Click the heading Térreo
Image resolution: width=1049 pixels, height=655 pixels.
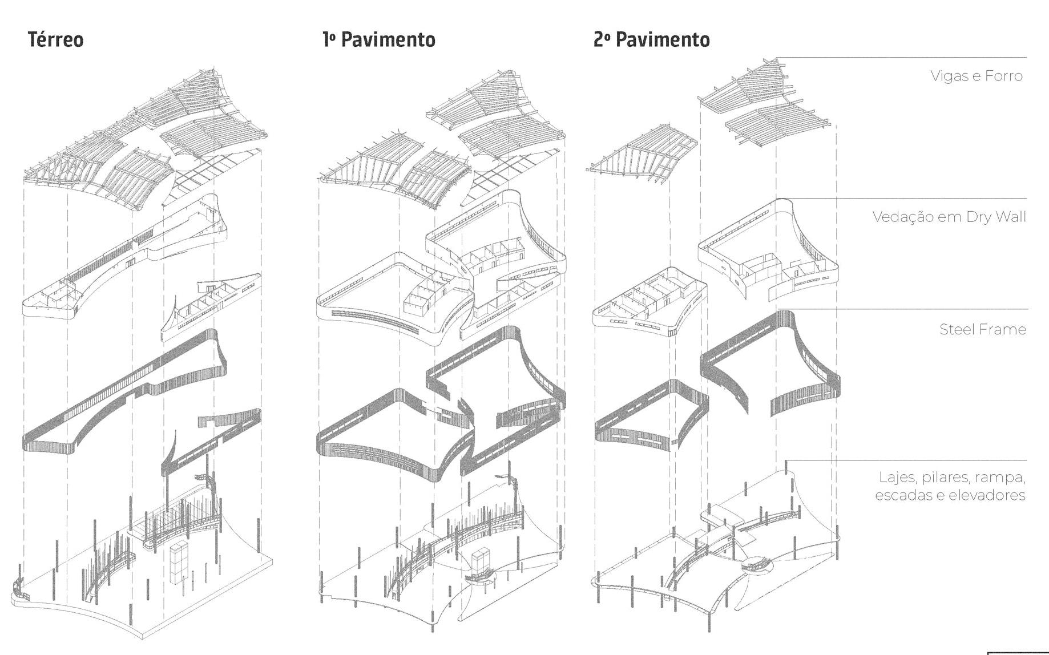(55, 39)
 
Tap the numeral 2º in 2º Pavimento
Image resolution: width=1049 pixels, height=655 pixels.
(602, 39)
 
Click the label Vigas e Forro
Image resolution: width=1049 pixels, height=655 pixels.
(976, 76)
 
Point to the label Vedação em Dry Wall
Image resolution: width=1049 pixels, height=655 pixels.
(949, 217)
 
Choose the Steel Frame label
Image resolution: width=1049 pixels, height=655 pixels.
(982, 329)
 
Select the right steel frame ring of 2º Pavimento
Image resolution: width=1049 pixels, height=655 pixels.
(770, 365)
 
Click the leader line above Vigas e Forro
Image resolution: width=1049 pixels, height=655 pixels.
(902, 58)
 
